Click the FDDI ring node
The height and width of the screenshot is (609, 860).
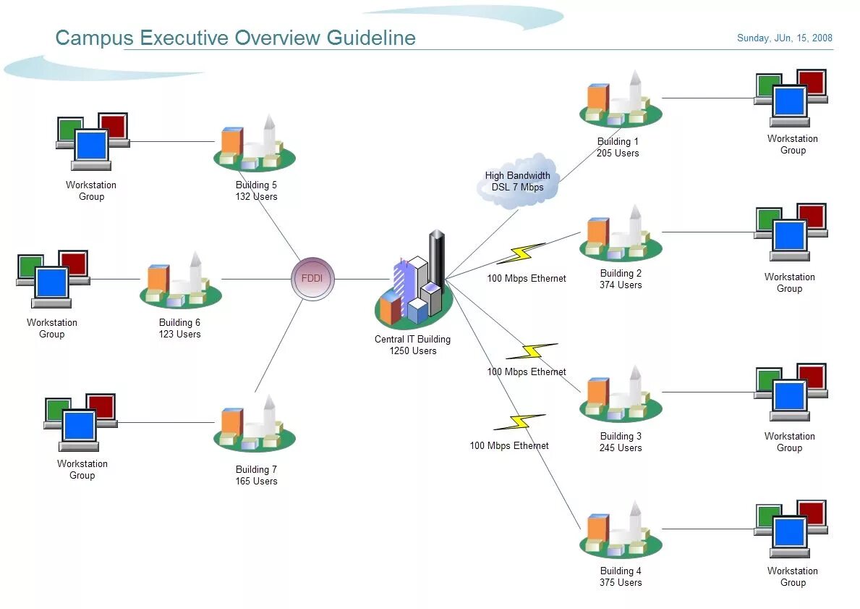pos(312,279)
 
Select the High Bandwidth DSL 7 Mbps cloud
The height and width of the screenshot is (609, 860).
pos(518,181)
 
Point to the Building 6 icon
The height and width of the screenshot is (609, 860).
pos(180,282)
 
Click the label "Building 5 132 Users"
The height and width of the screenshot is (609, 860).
pos(256,190)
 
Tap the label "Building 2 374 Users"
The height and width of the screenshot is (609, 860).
pos(621,279)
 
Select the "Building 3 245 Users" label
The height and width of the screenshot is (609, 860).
pos(621,442)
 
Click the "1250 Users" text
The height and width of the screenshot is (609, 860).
pos(413,350)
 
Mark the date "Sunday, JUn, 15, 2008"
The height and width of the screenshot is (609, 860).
pos(784,38)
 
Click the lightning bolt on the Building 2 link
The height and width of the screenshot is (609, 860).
pos(520,253)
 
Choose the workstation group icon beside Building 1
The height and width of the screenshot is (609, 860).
pos(791,97)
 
